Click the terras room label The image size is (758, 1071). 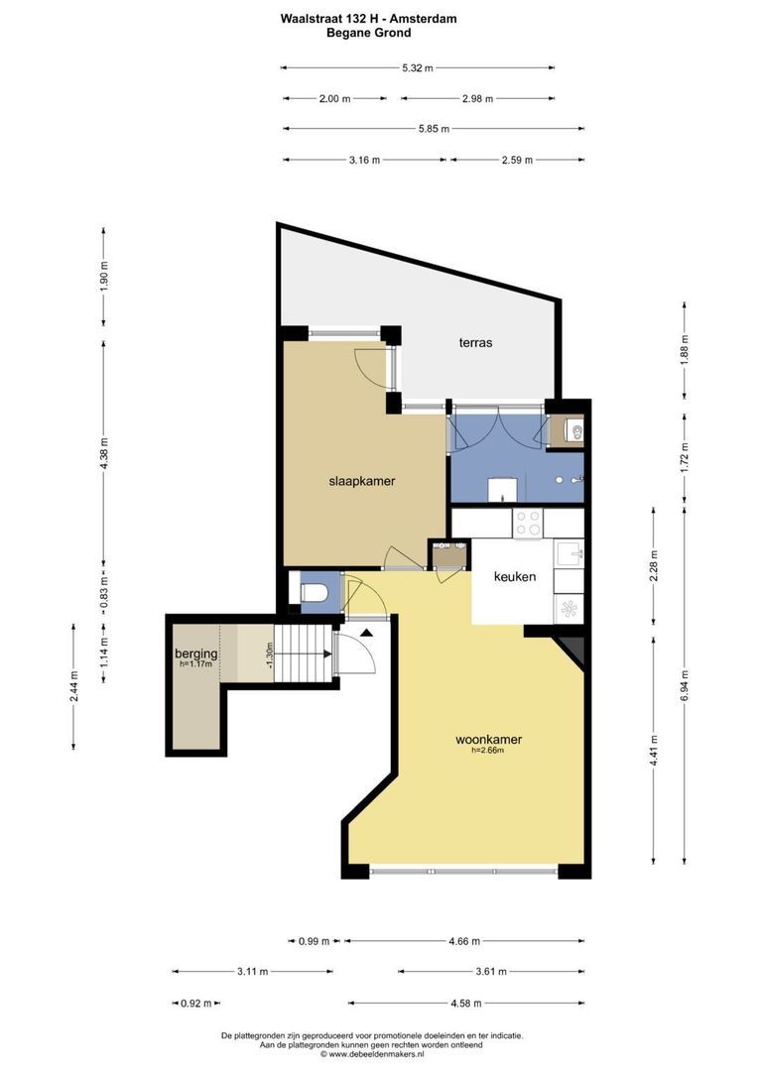coord(475,343)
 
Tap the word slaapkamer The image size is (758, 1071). coord(362,481)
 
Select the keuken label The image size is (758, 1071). coord(515,576)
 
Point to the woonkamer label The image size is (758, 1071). coord(489,739)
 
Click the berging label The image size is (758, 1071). coord(196,654)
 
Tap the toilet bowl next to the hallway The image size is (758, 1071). coord(315,592)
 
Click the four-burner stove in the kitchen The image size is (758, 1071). coord(528,524)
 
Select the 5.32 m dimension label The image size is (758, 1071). coord(417,67)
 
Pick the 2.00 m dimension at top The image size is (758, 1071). coord(335,98)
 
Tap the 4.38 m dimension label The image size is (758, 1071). coord(104,452)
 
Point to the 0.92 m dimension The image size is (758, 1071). coord(196,1004)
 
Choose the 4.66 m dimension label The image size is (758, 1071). coord(464,941)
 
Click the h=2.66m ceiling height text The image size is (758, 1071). coord(487,750)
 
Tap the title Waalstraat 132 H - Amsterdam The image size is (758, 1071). coord(368,19)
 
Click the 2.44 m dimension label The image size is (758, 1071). coord(73,686)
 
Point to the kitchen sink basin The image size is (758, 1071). coord(568,553)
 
